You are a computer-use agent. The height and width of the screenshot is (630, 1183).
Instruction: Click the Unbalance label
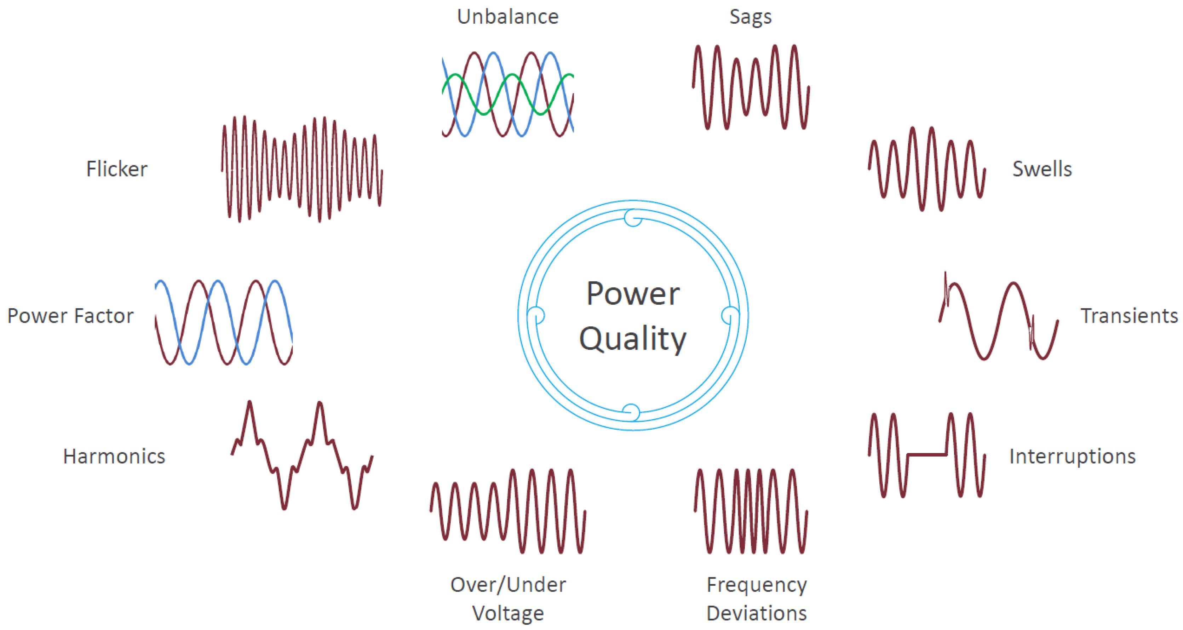pyautogui.click(x=507, y=17)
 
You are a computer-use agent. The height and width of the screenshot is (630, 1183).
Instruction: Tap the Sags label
pyautogui.click(x=751, y=17)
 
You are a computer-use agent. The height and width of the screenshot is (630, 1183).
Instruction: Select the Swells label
pyautogui.click(x=1041, y=169)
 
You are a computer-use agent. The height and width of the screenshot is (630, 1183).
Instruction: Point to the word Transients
pyautogui.click(x=1129, y=316)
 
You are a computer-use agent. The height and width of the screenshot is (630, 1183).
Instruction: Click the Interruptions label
pyautogui.click(x=1072, y=457)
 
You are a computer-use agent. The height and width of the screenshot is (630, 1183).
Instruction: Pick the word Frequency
pyautogui.click(x=756, y=585)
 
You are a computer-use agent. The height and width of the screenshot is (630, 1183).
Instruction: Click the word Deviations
pyautogui.click(x=756, y=613)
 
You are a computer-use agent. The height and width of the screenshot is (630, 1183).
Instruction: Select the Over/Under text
pyautogui.click(x=508, y=585)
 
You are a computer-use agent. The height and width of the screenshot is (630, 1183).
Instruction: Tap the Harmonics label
pyautogui.click(x=114, y=457)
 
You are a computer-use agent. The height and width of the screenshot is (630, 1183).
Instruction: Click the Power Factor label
pyautogui.click(x=70, y=316)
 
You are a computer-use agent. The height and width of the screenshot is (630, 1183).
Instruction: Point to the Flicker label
pyautogui.click(x=117, y=169)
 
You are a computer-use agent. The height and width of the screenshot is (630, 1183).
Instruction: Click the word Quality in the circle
pyautogui.click(x=633, y=339)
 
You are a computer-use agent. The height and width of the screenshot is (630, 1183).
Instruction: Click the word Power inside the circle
pyautogui.click(x=633, y=294)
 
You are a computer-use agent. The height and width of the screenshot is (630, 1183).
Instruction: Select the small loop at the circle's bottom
pyautogui.click(x=631, y=412)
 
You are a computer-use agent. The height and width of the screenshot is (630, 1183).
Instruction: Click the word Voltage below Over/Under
pyautogui.click(x=508, y=613)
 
